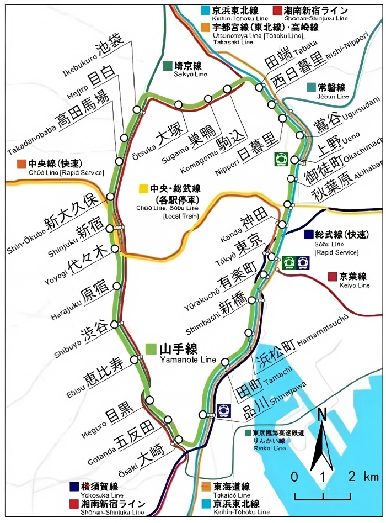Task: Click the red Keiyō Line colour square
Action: click(x=332, y=277)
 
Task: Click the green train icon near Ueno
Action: click(x=281, y=159)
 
